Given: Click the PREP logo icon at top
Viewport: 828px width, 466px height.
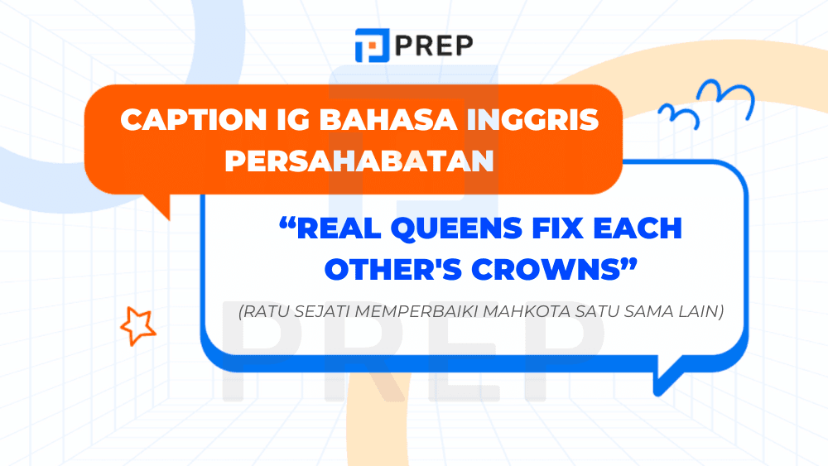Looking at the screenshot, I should point(370,46).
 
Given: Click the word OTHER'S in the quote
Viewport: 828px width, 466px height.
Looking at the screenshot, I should point(385,269).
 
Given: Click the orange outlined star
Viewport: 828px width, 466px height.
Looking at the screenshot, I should point(137,325).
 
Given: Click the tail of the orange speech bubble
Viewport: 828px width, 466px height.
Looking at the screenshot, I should point(157,205).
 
